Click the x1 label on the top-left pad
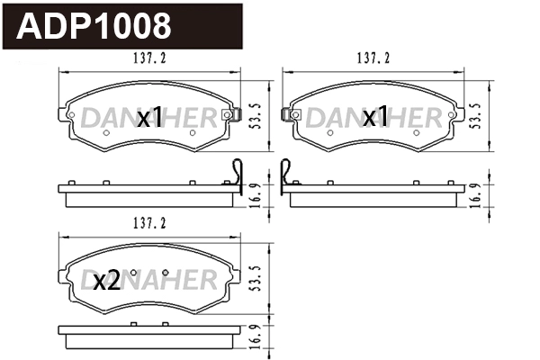click(x=149, y=117)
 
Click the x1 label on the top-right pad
click(x=374, y=117)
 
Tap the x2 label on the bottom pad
click(x=106, y=282)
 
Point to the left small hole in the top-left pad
click(x=105, y=133)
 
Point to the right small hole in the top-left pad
click(x=193, y=133)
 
